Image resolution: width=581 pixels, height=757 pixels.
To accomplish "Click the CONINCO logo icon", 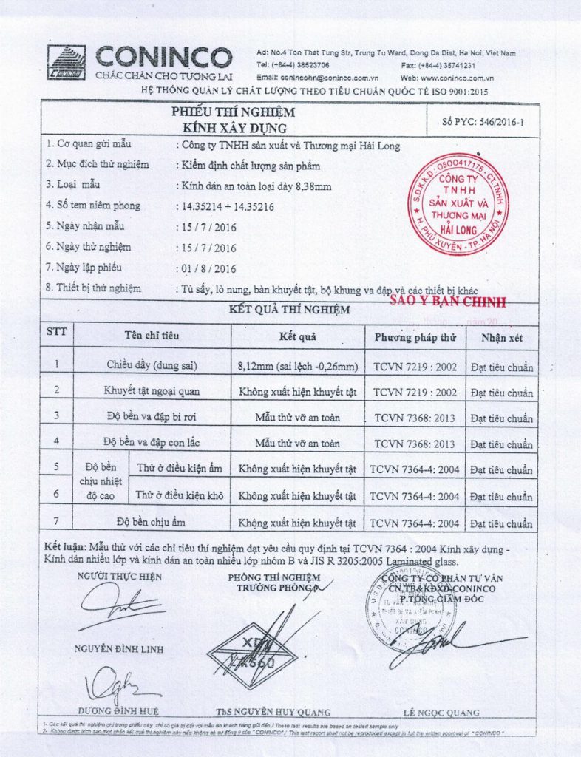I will click(x=67, y=62).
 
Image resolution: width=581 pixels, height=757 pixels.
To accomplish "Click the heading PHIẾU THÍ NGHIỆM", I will click(x=233, y=112).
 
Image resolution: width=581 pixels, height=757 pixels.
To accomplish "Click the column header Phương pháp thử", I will click(x=415, y=337).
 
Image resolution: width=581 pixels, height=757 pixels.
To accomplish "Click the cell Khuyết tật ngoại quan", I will click(x=152, y=390).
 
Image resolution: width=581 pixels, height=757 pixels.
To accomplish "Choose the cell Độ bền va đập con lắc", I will click(x=152, y=442).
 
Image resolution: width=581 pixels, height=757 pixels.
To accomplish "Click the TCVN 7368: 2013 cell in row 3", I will click(x=414, y=418).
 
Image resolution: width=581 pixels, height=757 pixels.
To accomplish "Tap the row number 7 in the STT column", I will click(x=57, y=518).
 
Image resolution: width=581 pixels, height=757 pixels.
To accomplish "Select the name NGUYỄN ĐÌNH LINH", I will click(x=118, y=650).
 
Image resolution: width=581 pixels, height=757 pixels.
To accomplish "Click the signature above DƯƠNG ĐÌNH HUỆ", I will click(x=118, y=685).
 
